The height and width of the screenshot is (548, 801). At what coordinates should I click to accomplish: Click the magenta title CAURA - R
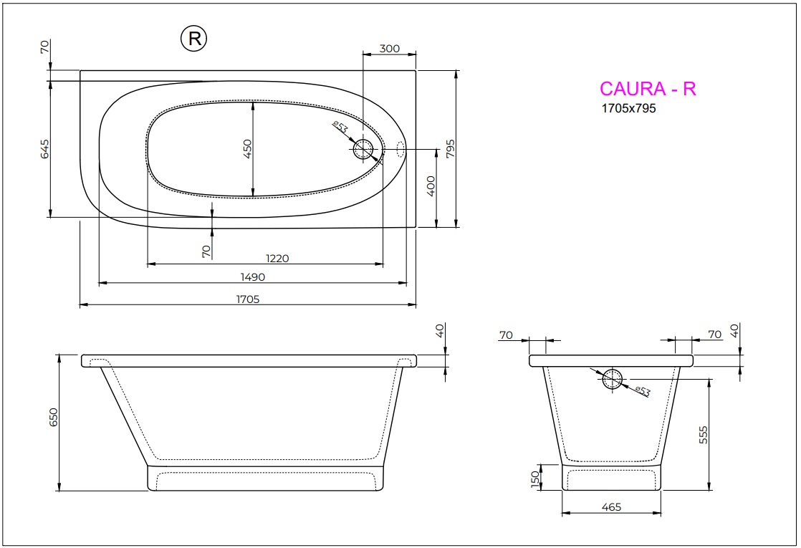tap(647, 88)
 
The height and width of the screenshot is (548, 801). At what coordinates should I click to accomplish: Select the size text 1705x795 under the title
tap(628, 110)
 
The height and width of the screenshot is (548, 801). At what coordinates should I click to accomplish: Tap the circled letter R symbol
tap(193, 39)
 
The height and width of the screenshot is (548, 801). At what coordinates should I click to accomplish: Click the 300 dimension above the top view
tap(389, 49)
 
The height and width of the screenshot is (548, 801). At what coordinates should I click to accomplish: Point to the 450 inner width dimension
tap(247, 148)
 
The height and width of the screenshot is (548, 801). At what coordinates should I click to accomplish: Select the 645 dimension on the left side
tap(44, 149)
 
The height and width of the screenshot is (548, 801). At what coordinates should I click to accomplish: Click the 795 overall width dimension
tap(450, 148)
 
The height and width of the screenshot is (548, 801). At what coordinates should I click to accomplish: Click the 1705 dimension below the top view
tap(247, 299)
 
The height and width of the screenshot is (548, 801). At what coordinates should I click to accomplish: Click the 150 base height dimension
tap(534, 479)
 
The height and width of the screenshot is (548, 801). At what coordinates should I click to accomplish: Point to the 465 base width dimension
tap(611, 507)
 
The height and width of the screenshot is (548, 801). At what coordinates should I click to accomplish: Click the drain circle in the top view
tap(363, 149)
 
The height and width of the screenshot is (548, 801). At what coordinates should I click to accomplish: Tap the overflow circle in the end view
tap(613, 380)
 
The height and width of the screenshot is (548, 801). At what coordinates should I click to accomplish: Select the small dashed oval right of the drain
tap(401, 149)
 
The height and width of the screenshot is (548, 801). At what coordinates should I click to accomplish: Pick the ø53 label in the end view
tap(642, 390)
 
